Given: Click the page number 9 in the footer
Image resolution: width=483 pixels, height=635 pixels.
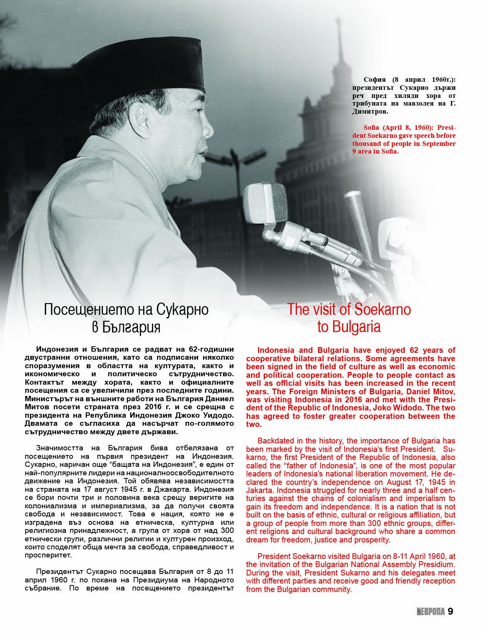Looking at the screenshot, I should (450, 611).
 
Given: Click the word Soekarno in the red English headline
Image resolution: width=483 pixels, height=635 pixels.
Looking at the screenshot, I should (382, 309).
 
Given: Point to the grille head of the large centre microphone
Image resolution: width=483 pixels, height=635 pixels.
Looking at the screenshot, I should (265, 203).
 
